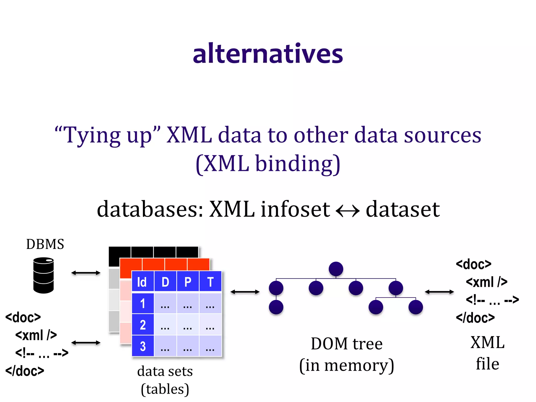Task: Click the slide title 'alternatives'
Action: click(x=268, y=54)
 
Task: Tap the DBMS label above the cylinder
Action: click(x=45, y=244)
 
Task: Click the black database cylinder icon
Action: click(x=43, y=275)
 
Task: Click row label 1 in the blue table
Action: click(x=143, y=304)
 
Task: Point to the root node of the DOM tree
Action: click(x=336, y=269)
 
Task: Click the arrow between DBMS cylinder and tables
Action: click(x=86, y=273)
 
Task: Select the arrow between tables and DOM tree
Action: click(x=245, y=292)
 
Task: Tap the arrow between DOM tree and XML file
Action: click(x=439, y=292)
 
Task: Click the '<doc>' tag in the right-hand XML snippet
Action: click(x=473, y=264)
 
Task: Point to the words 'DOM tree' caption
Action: click(x=347, y=344)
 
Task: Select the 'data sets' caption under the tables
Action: click(x=165, y=371)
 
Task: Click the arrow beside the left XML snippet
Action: click(x=86, y=343)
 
